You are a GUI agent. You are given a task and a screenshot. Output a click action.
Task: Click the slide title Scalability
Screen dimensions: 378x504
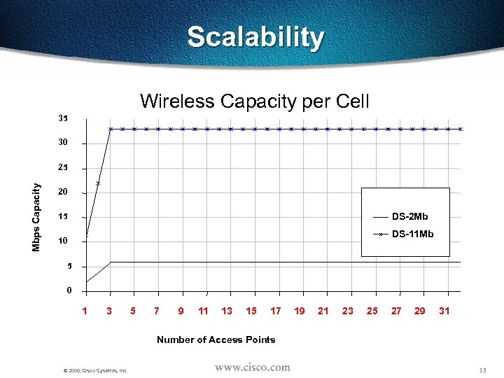click(255, 37)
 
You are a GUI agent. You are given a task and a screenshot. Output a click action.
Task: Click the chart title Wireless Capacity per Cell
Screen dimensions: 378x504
click(255, 101)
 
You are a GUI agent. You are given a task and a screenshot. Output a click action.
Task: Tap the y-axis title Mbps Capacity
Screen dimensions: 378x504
click(36, 217)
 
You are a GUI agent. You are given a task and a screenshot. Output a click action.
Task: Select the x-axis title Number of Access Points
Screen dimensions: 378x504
click(216, 339)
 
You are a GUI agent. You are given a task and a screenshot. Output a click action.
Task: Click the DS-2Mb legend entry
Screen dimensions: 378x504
click(409, 216)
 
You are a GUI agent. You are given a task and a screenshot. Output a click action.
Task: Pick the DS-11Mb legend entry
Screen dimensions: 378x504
click(412, 234)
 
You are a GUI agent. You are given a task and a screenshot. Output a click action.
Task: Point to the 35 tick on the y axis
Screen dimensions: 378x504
click(63, 118)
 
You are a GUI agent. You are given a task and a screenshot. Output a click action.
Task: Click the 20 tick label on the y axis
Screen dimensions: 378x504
click(63, 192)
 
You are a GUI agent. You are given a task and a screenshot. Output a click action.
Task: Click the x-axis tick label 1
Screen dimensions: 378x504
click(85, 311)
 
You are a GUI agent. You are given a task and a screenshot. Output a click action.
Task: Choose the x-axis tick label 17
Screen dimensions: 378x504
click(276, 311)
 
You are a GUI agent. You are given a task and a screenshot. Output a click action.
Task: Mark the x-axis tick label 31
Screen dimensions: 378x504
click(444, 311)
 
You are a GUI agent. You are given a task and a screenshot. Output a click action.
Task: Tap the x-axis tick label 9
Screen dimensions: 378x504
click(181, 311)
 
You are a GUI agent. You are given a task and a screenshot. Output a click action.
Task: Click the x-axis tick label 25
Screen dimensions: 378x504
click(372, 311)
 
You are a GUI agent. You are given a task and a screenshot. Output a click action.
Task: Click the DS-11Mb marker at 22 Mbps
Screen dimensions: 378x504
click(98, 183)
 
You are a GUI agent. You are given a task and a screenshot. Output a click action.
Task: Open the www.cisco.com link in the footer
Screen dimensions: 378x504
click(252, 367)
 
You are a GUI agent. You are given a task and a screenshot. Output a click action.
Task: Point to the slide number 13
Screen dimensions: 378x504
click(482, 370)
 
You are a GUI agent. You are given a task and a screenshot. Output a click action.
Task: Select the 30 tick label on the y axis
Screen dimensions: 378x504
click(63, 143)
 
